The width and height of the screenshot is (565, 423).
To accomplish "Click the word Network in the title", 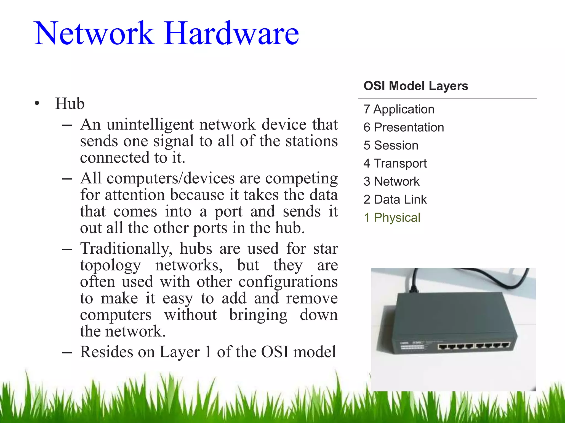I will pyautogui.click(x=94, y=34).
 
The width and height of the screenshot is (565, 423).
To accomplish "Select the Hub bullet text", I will pyautogui.click(x=70, y=104).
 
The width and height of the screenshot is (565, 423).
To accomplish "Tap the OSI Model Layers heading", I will pyautogui.click(x=415, y=86).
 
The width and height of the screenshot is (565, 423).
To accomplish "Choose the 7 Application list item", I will pyautogui.click(x=399, y=109).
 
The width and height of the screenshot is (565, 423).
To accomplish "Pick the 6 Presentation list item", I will pyautogui.click(x=404, y=128).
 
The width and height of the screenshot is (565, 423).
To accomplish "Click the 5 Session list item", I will pyautogui.click(x=391, y=145).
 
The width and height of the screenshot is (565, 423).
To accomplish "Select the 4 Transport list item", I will pyautogui.click(x=395, y=164).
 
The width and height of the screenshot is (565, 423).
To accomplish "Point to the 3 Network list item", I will pyautogui.click(x=391, y=181).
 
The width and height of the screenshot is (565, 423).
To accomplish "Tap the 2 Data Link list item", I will pyautogui.click(x=395, y=200).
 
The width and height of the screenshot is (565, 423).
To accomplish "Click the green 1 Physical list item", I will pyautogui.click(x=392, y=218).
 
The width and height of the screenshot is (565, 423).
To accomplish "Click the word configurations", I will pyautogui.click(x=288, y=282).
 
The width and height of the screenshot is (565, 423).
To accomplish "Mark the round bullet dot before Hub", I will pyautogui.click(x=37, y=104).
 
